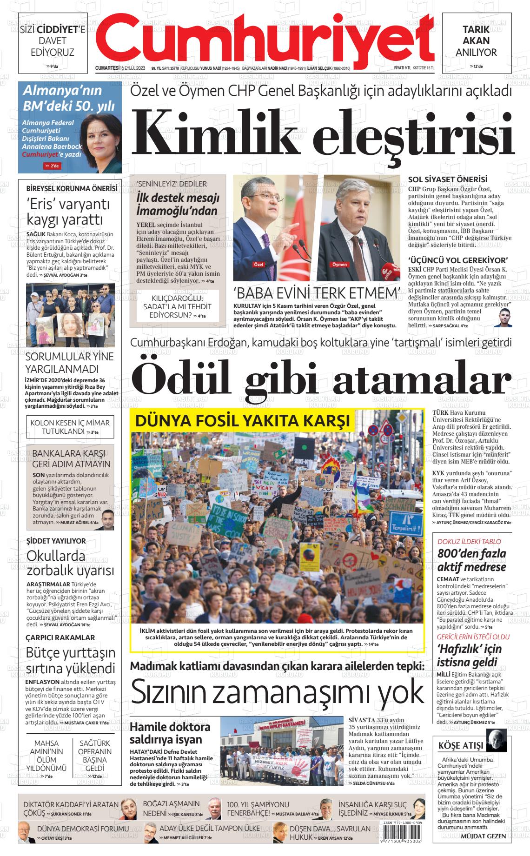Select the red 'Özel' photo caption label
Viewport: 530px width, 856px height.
[x=258, y=265]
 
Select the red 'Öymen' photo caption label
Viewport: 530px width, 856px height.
[x=339, y=265]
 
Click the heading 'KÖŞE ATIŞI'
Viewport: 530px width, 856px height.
[x=461, y=746]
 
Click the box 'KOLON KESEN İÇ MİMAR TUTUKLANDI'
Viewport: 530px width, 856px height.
[x=70, y=427]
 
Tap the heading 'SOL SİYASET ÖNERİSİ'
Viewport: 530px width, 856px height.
[x=447, y=179]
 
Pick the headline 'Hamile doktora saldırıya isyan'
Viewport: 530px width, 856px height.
[x=170, y=733]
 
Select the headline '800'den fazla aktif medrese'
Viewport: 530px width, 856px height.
[x=471, y=560]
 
